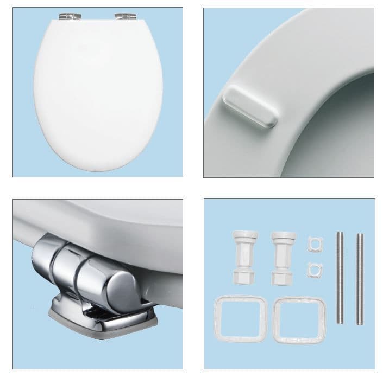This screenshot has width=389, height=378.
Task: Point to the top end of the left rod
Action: (x=340, y=234)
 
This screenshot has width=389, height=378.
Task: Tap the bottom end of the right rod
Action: (x=360, y=323)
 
